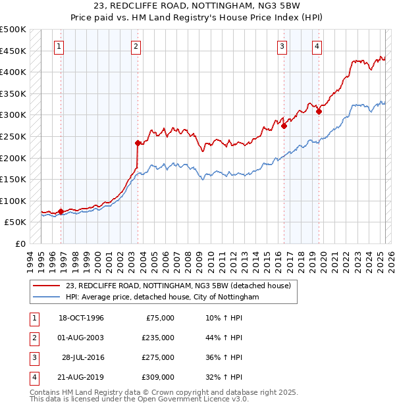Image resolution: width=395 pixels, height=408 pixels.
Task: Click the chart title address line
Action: point(197,6)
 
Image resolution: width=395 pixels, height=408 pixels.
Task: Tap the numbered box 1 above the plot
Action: point(59,46)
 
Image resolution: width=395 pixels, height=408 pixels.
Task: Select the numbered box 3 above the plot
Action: point(282,46)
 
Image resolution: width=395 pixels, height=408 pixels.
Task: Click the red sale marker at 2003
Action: point(138,143)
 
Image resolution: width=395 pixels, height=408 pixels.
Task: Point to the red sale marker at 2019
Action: point(319,111)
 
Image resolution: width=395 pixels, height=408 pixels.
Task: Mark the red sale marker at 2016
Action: point(284,126)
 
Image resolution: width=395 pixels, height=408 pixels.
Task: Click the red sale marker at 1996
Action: point(61,211)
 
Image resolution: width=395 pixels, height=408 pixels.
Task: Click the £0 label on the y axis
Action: point(21,243)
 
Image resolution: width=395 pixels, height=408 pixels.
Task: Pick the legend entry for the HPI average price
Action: point(163,297)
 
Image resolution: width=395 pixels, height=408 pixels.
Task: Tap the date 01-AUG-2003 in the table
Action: point(82,338)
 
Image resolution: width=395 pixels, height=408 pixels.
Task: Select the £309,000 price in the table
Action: point(158,377)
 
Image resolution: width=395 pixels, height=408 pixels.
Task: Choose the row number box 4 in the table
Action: point(32,377)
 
